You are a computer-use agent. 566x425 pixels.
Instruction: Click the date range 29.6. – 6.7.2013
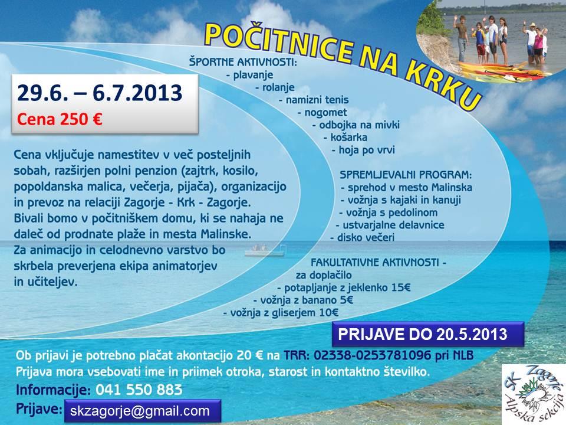(100, 93)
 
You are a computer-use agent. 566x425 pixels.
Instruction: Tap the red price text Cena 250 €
(60, 119)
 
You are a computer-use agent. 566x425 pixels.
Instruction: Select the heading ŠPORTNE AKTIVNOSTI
(243, 62)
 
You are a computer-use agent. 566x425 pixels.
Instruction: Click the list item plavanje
(250, 75)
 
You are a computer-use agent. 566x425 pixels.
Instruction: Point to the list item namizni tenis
(314, 100)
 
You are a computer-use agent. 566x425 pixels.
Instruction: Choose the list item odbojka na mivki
(356, 125)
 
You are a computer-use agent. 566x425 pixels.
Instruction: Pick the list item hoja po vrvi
(363, 150)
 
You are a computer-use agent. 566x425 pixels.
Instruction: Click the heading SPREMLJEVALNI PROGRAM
(406, 175)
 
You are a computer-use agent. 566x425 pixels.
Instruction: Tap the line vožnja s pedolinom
(389, 212)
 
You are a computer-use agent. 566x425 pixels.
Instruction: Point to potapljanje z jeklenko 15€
(344, 287)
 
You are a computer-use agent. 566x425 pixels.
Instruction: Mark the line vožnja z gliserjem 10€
(281, 313)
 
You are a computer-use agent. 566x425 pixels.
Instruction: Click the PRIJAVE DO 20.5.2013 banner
(428, 334)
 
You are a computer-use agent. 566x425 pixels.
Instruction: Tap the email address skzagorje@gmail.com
(140, 411)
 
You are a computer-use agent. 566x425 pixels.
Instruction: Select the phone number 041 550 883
(139, 390)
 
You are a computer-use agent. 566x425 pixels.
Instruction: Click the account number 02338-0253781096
(372, 355)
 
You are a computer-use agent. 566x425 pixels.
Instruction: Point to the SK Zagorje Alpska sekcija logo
(534, 394)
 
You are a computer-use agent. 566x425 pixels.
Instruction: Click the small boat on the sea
(266, 250)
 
